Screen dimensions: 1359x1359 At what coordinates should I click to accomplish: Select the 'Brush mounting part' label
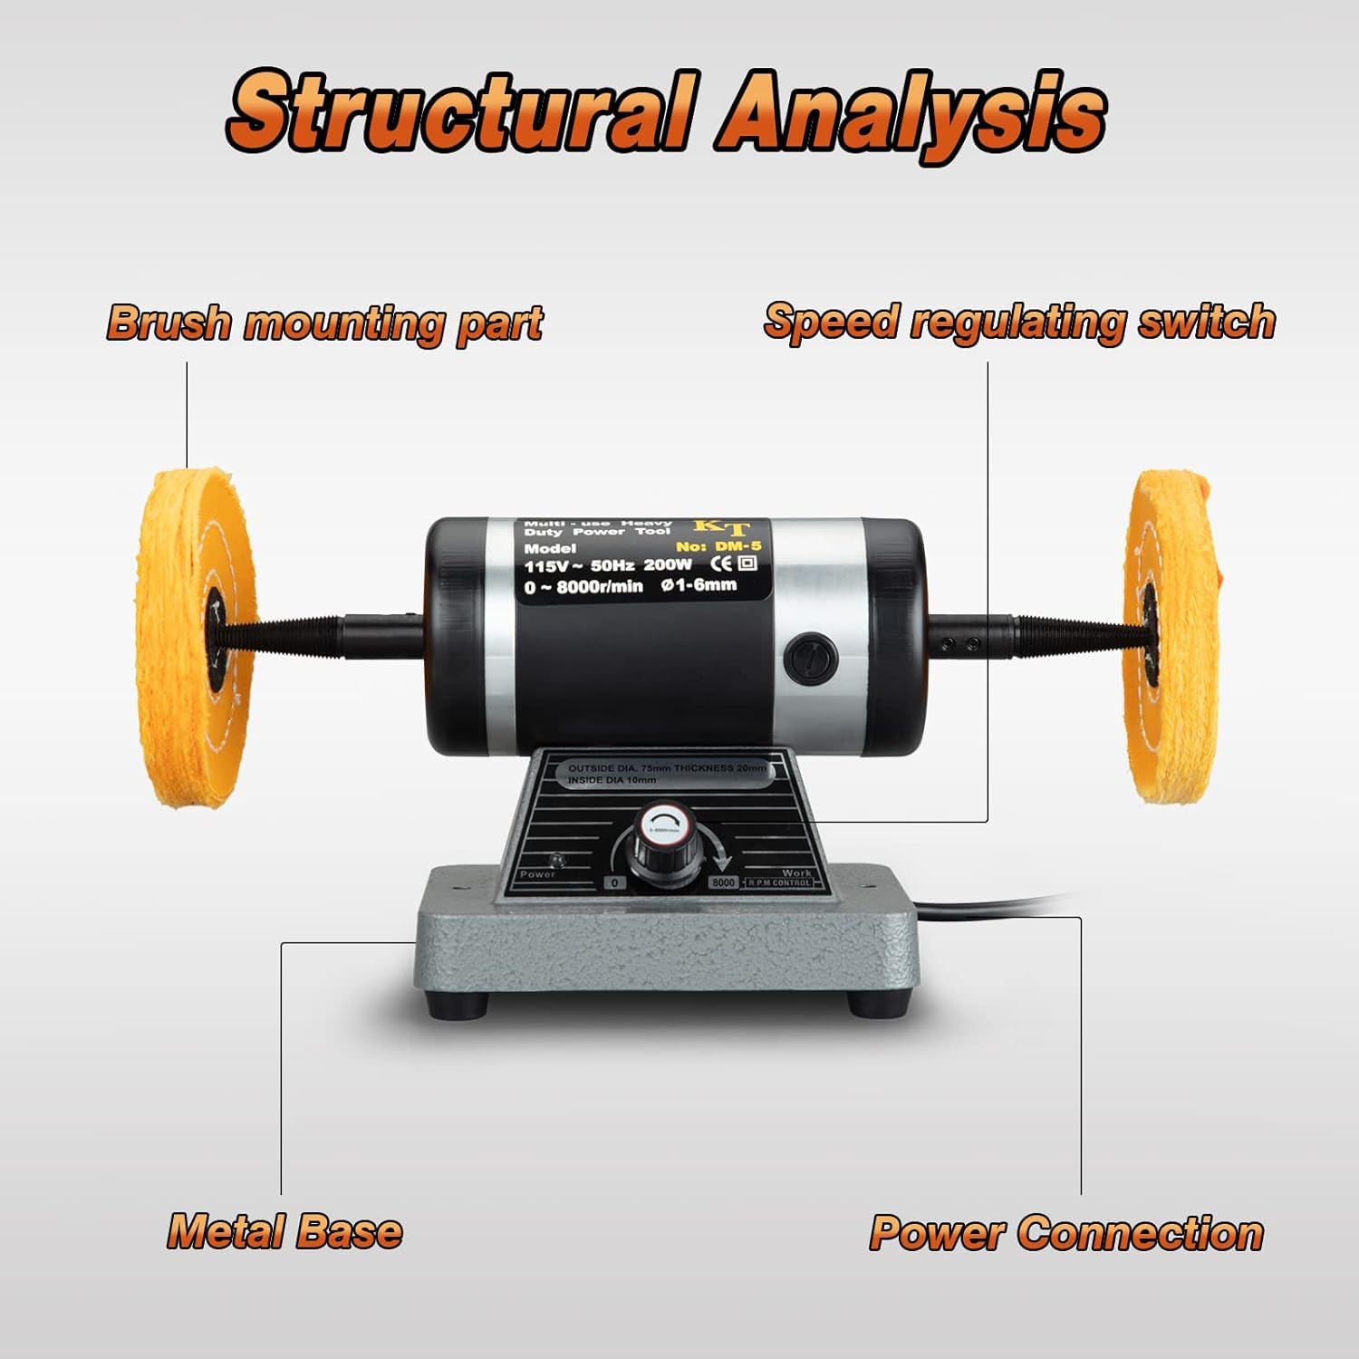[x=324, y=323]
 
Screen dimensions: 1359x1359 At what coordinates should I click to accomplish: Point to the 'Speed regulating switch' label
[x=1019, y=321]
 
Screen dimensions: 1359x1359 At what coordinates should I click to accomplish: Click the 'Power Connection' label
[x=1066, y=1233]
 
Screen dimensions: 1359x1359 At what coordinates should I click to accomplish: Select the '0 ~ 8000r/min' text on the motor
[x=583, y=586]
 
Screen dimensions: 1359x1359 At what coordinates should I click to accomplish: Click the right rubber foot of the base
[x=876, y=1004]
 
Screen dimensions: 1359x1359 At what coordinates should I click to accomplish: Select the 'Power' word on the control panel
[x=537, y=874]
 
